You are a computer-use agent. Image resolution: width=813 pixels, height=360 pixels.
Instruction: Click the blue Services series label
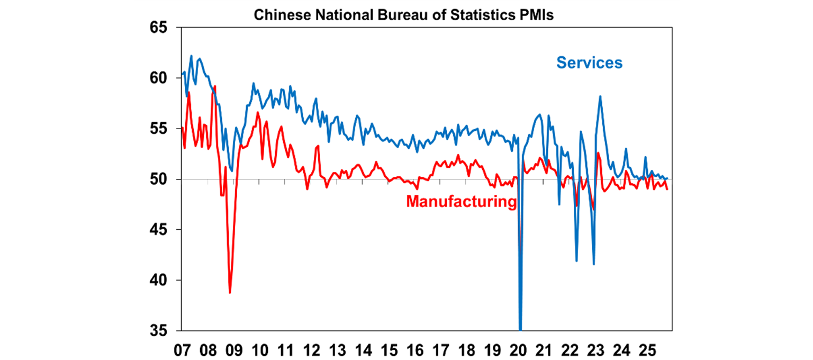(589, 62)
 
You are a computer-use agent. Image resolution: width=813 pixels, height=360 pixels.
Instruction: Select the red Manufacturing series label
(461, 202)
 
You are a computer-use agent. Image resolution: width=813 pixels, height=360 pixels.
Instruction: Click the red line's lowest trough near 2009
(230, 292)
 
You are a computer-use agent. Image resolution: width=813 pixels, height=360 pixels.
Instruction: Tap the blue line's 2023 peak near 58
(600, 96)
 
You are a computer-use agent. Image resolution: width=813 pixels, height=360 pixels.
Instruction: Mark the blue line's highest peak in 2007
(191, 56)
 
